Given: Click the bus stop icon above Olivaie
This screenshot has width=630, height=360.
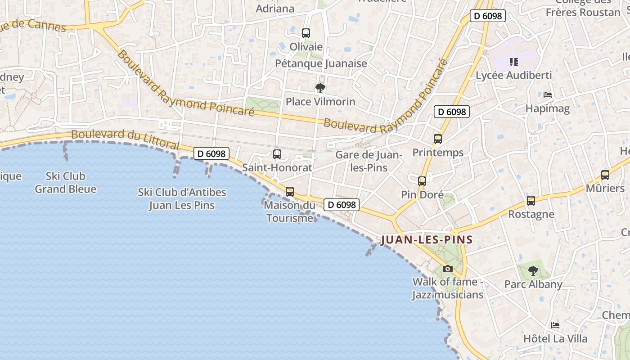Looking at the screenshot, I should pyautogui.click(x=306, y=33).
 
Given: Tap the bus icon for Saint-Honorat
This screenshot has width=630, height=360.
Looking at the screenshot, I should pyautogui.click(x=277, y=154).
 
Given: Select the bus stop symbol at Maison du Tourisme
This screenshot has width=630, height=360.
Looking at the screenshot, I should pyautogui.click(x=290, y=192).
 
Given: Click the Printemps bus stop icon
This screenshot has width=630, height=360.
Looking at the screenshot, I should pyautogui.click(x=438, y=139).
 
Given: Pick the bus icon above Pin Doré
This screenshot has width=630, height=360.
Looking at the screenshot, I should pyautogui.click(x=422, y=181).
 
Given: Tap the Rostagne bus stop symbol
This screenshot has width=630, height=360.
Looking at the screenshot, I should pyautogui.click(x=531, y=201).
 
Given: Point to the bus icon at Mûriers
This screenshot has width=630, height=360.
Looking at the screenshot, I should pyautogui.click(x=605, y=175).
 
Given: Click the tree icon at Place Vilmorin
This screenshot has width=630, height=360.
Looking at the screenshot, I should pyautogui.click(x=320, y=88).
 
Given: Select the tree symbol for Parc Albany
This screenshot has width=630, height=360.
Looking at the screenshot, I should pyautogui.click(x=533, y=271).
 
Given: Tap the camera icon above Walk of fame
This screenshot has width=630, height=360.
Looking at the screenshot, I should pyautogui.click(x=448, y=269).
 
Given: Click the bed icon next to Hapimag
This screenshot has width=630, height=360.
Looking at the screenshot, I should pyautogui.click(x=548, y=95).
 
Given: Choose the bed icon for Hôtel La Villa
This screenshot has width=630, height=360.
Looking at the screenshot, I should pyautogui.click(x=555, y=325).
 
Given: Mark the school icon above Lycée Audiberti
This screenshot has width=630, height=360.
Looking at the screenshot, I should pyautogui.click(x=513, y=62).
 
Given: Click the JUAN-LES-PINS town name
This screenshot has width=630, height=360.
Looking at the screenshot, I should pyautogui.click(x=427, y=240).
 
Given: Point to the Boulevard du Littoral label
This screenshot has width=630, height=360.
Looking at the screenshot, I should pyautogui.click(x=126, y=139).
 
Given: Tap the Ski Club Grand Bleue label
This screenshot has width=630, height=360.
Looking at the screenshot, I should pyautogui.click(x=66, y=182).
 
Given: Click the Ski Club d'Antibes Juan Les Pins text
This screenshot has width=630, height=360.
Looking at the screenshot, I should pyautogui.click(x=182, y=199).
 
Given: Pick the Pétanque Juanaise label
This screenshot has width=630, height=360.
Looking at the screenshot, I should pyautogui.click(x=321, y=63).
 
